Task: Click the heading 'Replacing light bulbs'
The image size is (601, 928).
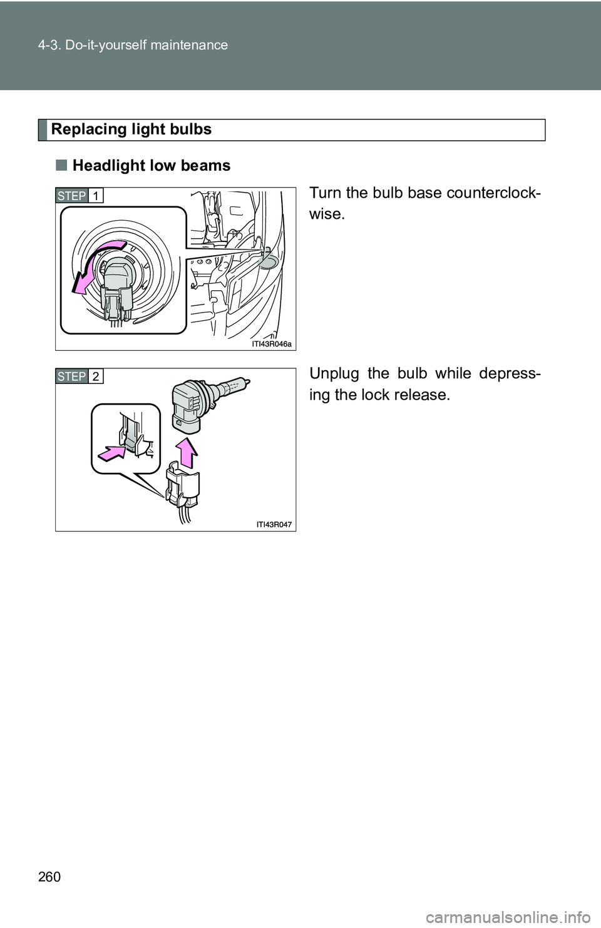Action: coord(131,129)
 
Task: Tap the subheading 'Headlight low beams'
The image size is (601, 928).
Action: coord(152,166)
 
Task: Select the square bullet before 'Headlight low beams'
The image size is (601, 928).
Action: coord(62,166)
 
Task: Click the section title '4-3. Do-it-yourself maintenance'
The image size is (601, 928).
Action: coord(133,45)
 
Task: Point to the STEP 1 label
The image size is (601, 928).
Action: coord(79,196)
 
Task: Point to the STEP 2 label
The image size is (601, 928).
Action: coord(79,376)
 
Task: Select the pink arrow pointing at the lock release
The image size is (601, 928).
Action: coord(112,453)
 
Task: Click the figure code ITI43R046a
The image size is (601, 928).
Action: coord(272,344)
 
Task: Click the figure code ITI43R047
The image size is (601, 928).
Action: coord(274,525)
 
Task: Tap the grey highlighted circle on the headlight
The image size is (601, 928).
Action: coord(268,262)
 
